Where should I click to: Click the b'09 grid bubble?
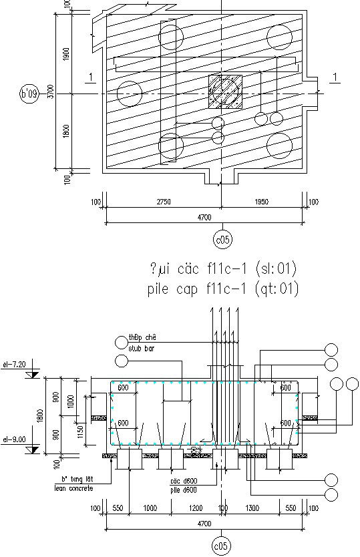(29, 94)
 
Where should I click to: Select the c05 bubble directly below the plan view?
(220, 238)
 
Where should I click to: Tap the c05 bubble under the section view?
(220, 546)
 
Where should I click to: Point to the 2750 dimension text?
(162, 202)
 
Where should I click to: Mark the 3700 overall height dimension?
(51, 94)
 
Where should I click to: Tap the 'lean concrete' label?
(73, 489)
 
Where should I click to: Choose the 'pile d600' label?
(182, 489)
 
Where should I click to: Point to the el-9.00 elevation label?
(14, 439)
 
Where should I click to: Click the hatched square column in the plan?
(224, 91)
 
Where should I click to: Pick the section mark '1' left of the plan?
(89, 77)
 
